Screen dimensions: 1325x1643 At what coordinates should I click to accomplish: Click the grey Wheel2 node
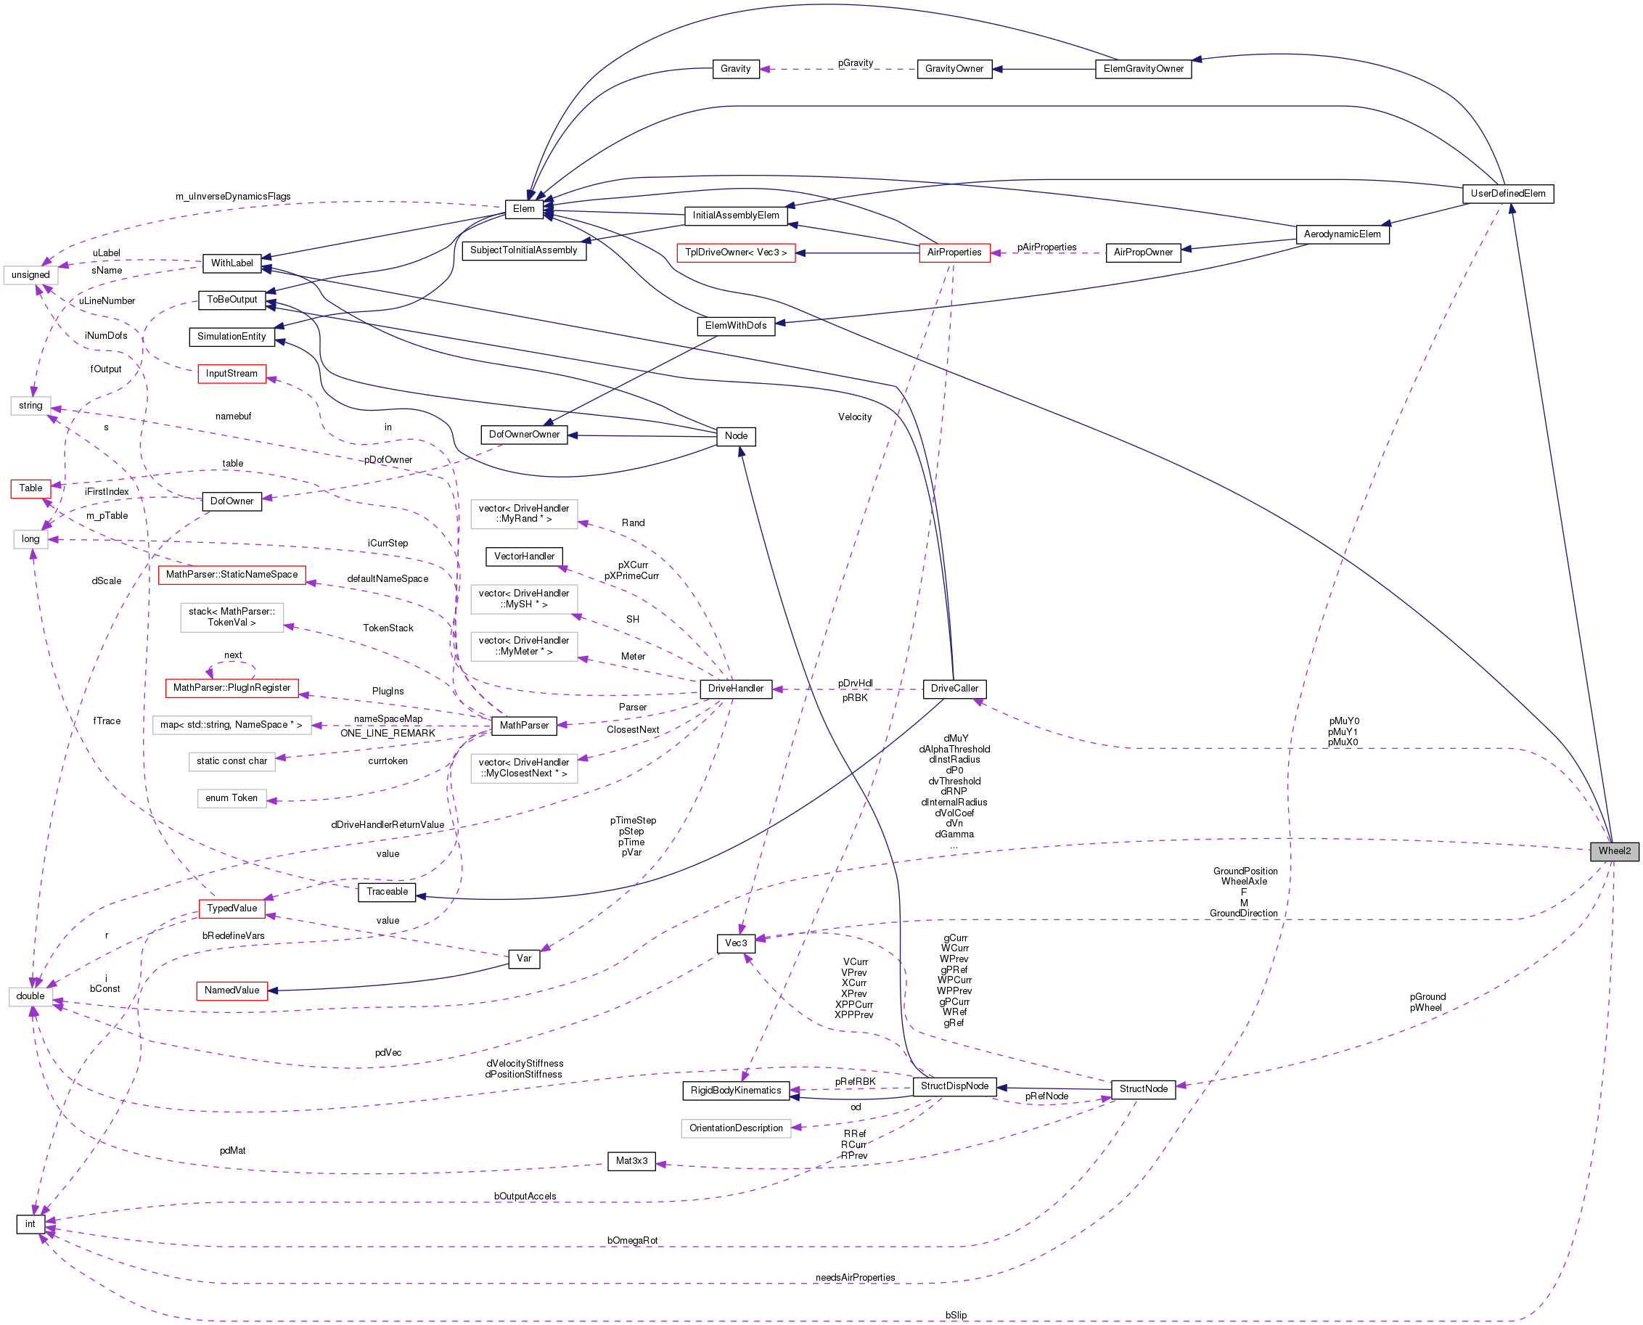coord(1614,851)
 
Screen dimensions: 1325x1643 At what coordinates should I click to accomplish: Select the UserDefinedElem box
coord(1507,194)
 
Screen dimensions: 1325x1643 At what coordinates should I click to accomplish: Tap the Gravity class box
coord(735,69)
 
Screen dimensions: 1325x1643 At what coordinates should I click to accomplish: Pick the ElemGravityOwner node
coord(1142,69)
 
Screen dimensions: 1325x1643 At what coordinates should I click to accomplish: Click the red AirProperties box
coord(954,253)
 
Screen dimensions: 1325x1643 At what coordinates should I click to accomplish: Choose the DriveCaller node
coord(954,689)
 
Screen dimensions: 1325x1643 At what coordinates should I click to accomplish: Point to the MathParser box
coord(523,725)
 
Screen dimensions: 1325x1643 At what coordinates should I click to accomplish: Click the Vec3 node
coord(736,943)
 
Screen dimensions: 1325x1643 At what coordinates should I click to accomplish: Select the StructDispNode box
coord(954,1086)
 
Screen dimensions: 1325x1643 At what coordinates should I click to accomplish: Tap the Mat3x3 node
coord(631,1161)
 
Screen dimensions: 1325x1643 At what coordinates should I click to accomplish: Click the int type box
coord(30,1224)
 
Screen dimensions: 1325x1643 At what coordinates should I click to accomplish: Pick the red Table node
coord(30,488)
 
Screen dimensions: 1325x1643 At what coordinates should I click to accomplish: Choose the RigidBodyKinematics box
coord(736,1091)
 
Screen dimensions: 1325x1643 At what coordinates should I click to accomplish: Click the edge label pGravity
coord(855,62)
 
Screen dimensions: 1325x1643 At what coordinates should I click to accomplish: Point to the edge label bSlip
coord(956,1315)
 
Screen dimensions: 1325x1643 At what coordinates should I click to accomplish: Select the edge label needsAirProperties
coord(855,1278)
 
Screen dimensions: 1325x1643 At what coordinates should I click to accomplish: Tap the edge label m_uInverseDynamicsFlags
coord(233,196)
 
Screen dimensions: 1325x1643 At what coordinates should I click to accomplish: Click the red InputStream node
coord(232,374)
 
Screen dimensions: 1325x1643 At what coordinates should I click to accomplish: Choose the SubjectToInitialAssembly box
coord(523,250)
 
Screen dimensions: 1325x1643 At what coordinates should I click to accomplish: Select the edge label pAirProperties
coord(1046,247)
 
